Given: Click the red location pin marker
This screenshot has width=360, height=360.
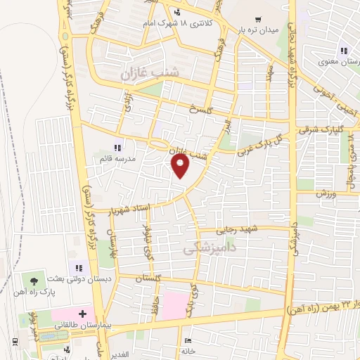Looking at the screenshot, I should (181, 167).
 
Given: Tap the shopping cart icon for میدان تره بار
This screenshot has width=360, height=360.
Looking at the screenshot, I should (259, 20).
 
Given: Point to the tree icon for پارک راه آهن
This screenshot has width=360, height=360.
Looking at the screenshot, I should (35, 281).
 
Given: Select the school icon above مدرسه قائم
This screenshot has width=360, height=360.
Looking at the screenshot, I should (117, 147).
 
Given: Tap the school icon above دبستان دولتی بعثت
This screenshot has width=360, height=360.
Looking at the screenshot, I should (79, 266).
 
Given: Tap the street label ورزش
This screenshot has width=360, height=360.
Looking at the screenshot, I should (326, 193).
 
